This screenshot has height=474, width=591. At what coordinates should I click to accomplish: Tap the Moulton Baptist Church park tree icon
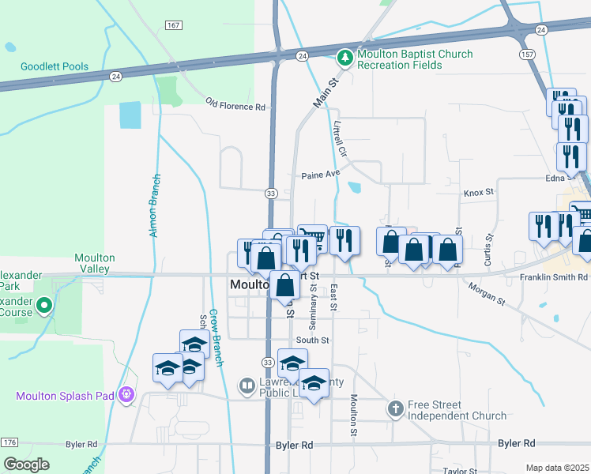tap(344, 58)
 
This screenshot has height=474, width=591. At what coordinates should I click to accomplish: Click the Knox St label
tap(478, 192)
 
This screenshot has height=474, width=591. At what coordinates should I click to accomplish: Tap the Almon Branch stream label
tap(155, 205)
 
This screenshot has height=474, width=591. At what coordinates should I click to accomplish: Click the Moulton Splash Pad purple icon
tap(126, 394)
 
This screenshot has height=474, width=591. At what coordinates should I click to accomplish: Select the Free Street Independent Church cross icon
tap(395, 409)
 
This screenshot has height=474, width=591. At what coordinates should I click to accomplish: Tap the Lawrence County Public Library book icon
tap(247, 386)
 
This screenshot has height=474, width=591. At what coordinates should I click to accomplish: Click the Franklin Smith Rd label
tap(554, 278)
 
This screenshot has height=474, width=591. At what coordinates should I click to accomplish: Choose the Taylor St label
tap(459, 471)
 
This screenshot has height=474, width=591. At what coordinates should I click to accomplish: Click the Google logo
tap(26, 465)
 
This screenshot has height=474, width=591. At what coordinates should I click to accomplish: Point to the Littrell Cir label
tap(341, 137)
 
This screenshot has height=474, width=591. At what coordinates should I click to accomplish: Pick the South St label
tap(312, 340)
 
